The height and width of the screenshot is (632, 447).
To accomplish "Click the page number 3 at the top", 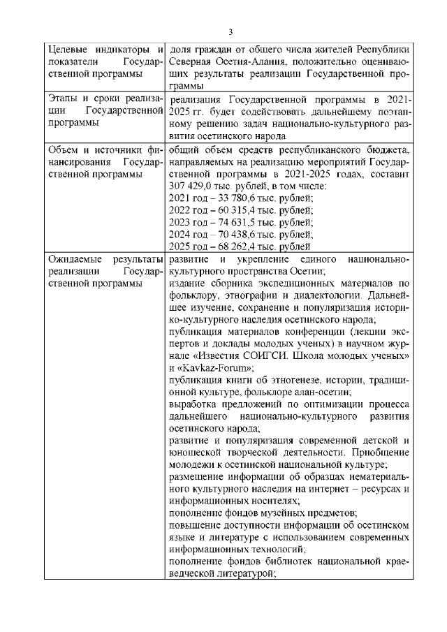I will point(230,31).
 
